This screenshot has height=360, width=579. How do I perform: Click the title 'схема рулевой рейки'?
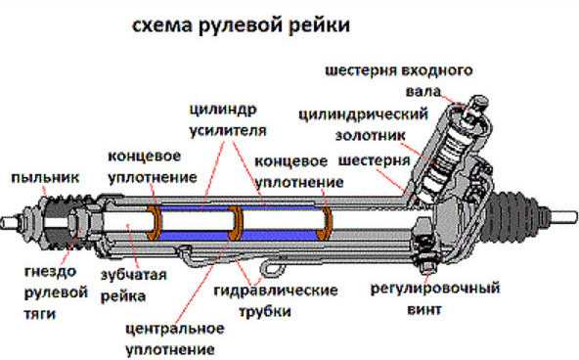point(241,25)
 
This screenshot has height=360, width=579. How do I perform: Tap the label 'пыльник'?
point(45,178)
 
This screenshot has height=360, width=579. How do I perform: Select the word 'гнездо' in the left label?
point(51,272)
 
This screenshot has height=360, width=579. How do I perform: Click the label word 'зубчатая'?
point(134,275)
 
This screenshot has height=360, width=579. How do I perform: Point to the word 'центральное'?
point(175,329)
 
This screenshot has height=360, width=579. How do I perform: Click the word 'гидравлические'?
point(276,291)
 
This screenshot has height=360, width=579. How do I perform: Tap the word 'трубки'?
point(265,311)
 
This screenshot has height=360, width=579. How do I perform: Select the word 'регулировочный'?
point(435,288)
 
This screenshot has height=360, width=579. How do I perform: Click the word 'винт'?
point(424,309)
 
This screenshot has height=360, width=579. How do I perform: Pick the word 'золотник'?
point(371,136)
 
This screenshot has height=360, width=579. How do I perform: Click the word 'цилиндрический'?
point(364,114)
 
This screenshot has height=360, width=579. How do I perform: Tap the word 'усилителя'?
point(228,131)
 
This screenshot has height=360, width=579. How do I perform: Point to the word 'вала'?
point(423,91)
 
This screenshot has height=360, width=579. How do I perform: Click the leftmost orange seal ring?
point(154,223)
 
